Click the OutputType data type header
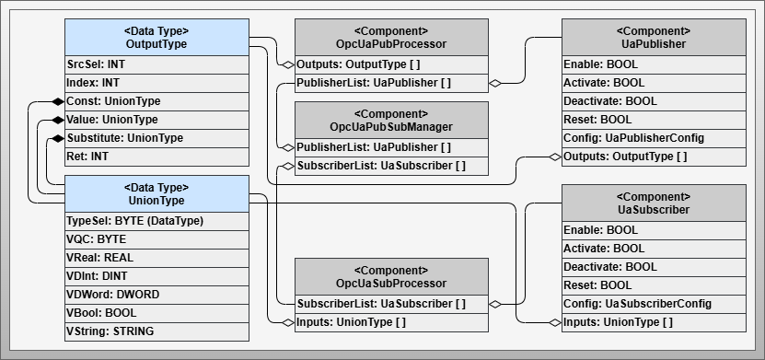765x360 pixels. pos(156,37)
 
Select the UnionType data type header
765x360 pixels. pos(156,193)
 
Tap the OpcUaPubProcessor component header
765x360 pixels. pos(391,37)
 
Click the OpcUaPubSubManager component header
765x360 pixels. pos(391,120)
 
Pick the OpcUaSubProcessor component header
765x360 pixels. pos(391,276)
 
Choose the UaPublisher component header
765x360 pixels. pos(653,37)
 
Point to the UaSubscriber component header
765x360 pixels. pos(653,203)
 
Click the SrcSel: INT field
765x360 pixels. pos(156,64)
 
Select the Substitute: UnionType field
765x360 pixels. pos(156,138)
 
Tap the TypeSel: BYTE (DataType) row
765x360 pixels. pos(156,221)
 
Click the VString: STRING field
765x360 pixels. pos(156,331)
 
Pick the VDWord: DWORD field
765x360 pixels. pos(156,295)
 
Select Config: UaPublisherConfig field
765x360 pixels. pos(653,138)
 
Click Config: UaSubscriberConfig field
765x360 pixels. pos(653,304)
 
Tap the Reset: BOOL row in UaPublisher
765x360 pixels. pos(653,120)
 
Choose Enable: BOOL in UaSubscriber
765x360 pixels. pos(653,230)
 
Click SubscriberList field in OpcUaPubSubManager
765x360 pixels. pos(391,166)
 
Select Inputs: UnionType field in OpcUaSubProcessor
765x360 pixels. pos(391,322)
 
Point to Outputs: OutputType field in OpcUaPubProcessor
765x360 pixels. pos(391,64)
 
